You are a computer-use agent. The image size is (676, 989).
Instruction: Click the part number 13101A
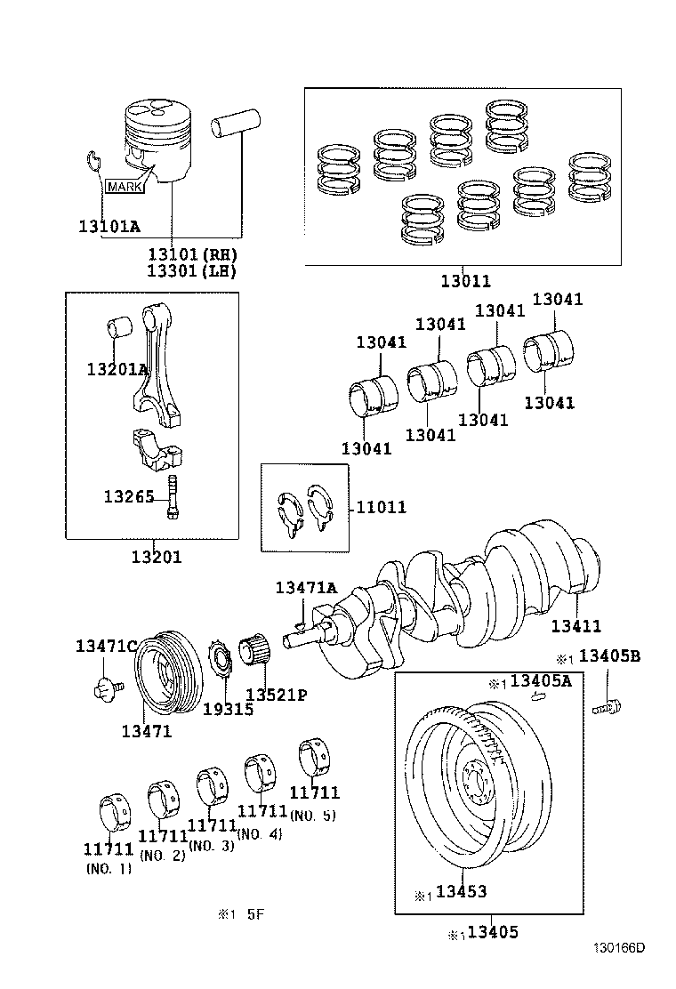pos(109,226)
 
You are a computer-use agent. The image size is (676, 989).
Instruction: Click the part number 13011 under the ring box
pos(464,281)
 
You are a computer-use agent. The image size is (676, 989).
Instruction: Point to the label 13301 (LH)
pos(192,271)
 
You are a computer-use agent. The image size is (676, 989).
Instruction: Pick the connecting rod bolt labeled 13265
pos(173,499)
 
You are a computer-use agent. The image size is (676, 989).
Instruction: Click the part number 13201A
pos(117,369)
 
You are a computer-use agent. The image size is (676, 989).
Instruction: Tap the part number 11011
pos(382,507)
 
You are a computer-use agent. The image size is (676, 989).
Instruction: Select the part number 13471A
pos(306,588)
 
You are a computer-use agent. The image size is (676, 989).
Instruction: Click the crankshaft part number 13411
pos(575,626)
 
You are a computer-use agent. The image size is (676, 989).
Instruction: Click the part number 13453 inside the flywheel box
pos(461,892)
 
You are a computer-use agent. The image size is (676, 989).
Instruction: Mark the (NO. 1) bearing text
pos(109,868)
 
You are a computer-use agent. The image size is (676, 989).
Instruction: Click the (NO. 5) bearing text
pos(312,815)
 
